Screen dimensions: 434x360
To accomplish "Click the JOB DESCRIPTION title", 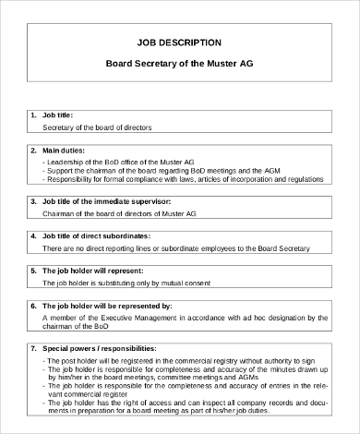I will click(179, 42).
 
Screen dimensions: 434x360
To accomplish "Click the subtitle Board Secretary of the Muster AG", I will click(179, 66).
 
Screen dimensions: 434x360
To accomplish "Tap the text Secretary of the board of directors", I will click(97, 127).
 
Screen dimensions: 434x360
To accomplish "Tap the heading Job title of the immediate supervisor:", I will click(107, 200).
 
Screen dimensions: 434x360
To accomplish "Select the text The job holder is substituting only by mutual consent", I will click(129, 283).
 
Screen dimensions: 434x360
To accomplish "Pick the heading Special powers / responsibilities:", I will click(100, 348).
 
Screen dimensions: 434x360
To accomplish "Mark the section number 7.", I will click(33, 348).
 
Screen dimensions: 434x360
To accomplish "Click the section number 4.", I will click(33, 235).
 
